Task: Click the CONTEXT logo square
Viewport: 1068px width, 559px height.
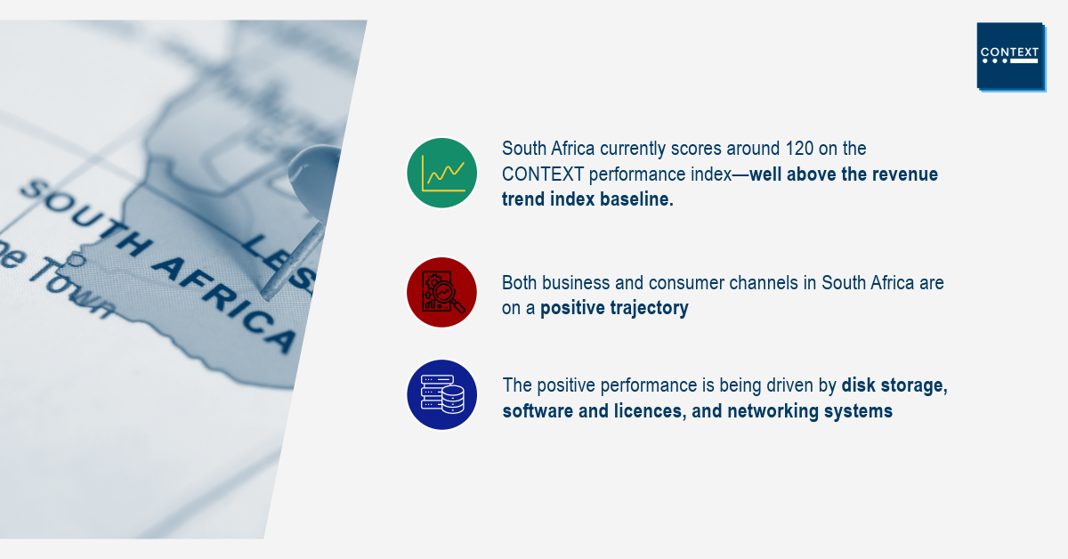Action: click(x=1011, y=56)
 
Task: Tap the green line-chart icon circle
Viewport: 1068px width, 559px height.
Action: click(x=441, y=174)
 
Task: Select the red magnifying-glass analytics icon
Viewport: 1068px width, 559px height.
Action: click(x=441, y=292)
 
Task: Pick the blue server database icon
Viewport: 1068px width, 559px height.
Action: click(x=441, y=395)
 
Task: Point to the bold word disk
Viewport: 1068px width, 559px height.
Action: click(x=858, y=385)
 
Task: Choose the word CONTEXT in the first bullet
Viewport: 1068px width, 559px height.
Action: click(x=543, y=174)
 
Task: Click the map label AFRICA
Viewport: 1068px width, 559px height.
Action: click(x=224, y=304)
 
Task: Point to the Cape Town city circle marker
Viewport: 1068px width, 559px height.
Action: click(x=76, y=260)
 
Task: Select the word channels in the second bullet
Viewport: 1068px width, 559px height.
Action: click(x=764, y=283)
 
